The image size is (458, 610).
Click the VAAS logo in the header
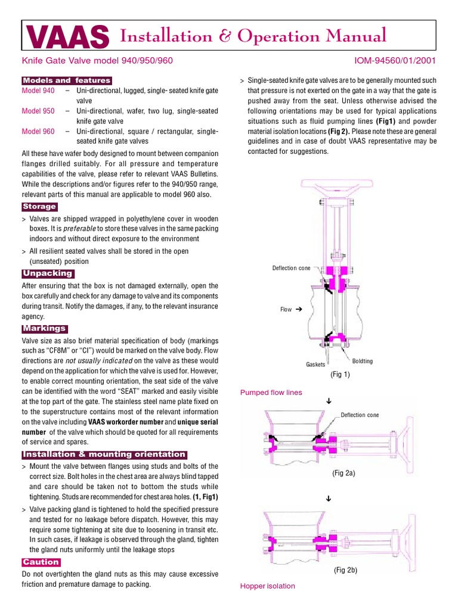67,37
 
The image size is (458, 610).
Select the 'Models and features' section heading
66,80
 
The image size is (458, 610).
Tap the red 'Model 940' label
38,91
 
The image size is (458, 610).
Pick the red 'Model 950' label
38,111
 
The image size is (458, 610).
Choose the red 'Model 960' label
38,131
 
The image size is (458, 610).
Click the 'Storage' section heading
39,207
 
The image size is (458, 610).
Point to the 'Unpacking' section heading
47,273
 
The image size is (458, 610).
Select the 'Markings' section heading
45,328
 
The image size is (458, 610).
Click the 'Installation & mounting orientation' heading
104,455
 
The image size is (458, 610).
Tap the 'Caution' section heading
41,562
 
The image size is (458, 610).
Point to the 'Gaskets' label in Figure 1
315,363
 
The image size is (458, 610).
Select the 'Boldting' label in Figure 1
363,361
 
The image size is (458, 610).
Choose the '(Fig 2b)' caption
345,570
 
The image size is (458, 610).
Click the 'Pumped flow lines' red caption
271,393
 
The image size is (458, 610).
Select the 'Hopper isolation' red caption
267,586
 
